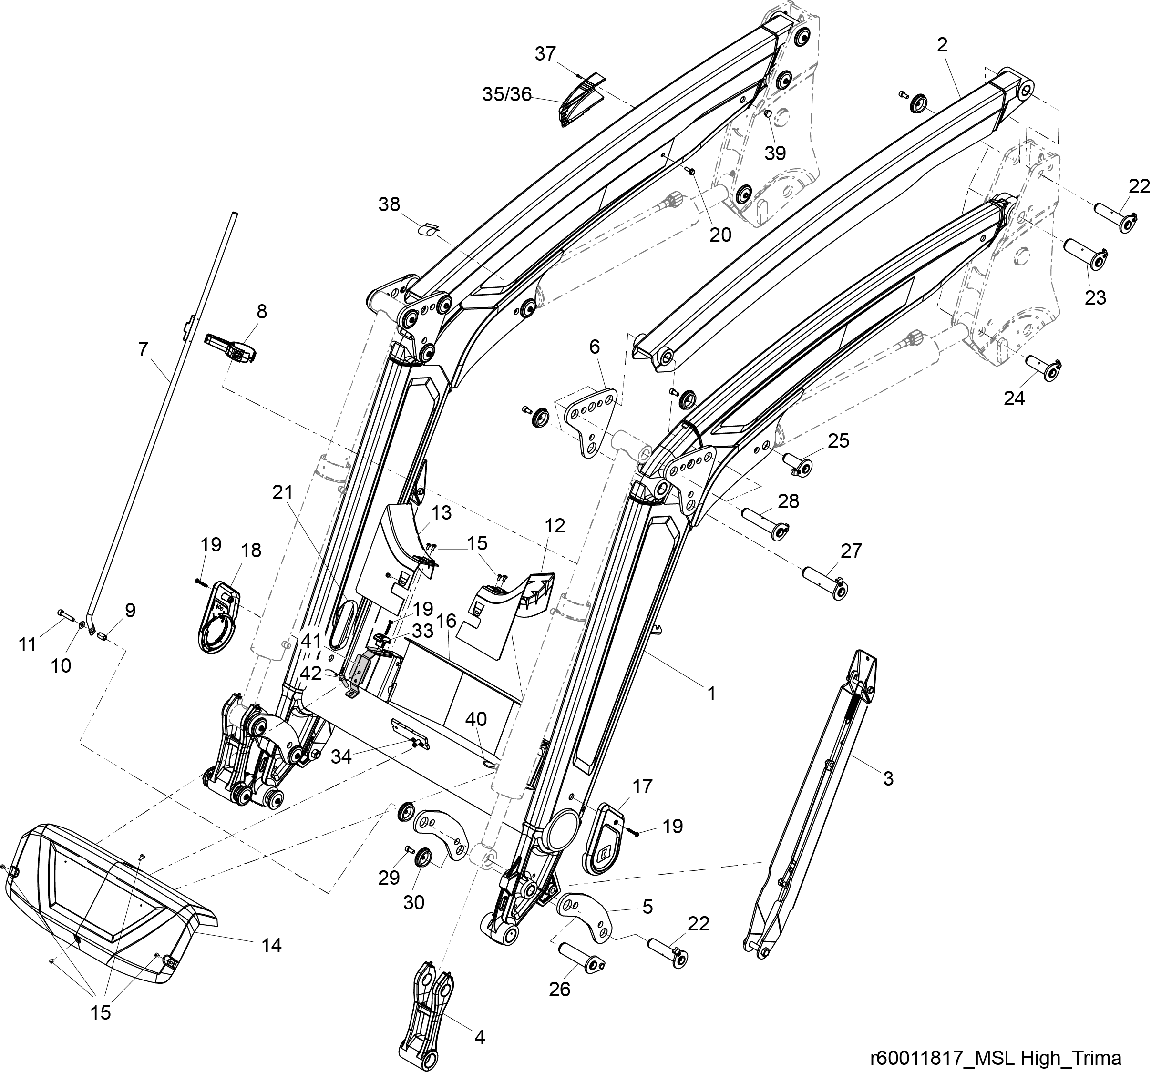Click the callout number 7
pos(143,349)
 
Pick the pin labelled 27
pos(824,583)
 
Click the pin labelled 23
pos(1087,255)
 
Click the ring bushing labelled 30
pos(422,856)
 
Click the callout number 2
pos(942,45)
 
